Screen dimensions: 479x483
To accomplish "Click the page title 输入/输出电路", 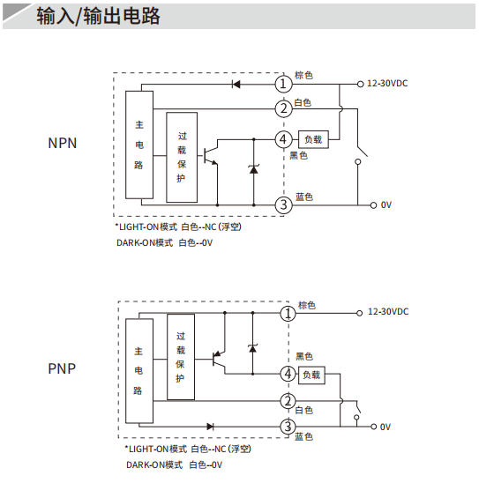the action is (98, 16).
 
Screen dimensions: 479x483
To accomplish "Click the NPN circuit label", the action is (63, 144).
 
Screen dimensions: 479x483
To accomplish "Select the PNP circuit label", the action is (62, 368).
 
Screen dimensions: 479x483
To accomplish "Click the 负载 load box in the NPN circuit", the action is (313, 139).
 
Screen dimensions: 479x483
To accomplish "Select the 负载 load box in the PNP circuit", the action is (311, 375).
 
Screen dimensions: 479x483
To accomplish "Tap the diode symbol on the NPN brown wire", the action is (236, 84).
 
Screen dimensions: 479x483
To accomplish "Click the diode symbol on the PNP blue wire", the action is (210, 427).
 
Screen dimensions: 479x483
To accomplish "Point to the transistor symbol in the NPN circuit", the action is (211, 155).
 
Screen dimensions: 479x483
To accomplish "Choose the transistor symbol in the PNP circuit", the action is (219, 360).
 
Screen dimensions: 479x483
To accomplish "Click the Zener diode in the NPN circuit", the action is (254, 169).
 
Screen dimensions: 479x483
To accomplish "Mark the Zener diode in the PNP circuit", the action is (253, 348).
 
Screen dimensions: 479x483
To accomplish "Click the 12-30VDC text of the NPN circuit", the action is (387, 84).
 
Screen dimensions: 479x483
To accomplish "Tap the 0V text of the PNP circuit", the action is (385, 427).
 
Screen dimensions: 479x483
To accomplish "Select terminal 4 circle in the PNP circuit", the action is (288, 374).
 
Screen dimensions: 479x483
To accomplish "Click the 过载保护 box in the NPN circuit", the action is (182, 158).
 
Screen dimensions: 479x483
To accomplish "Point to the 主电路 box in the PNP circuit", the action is (139, 371).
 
